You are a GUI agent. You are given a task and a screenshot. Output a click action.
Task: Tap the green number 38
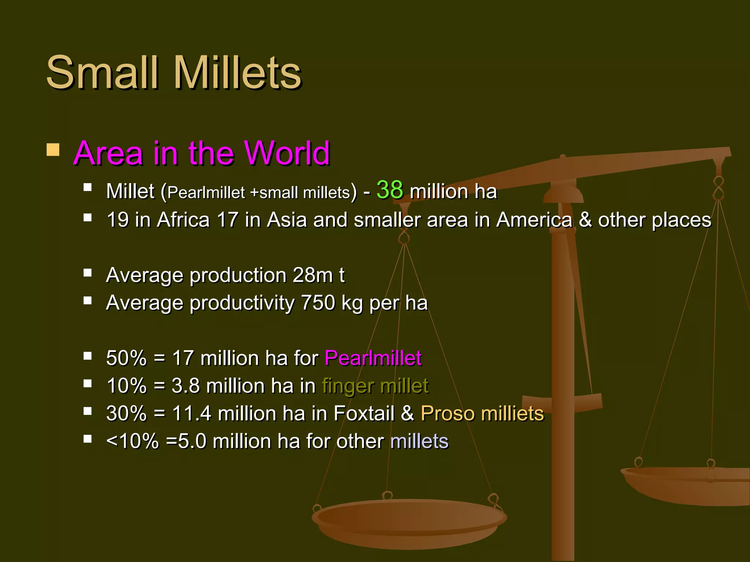[x=390, y=190]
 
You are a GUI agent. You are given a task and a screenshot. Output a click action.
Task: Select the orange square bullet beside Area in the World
[x=53, y=150]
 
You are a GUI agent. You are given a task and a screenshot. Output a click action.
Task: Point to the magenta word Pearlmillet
[x=373, y=358]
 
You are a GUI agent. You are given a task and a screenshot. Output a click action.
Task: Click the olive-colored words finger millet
[x=375, y=386]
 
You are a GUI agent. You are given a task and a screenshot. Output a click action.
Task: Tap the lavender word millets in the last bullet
[x=419, y=441]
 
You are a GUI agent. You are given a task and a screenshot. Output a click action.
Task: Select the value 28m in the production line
[x=312, y=275]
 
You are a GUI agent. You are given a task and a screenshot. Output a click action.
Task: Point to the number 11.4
[x=192, y=413]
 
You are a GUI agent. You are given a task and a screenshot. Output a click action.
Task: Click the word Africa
[x=183, y=220]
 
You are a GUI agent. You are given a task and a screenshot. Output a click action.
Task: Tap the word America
[x=534, y=220]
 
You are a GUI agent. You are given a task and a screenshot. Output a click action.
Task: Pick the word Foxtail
[x=364, y=413]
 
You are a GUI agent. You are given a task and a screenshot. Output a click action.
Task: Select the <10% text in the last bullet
[x=132, y=441]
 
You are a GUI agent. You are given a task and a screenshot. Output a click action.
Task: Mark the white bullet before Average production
[x=88, y=273]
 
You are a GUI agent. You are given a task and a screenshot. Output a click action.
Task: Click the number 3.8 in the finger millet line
[x=186, y=386]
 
